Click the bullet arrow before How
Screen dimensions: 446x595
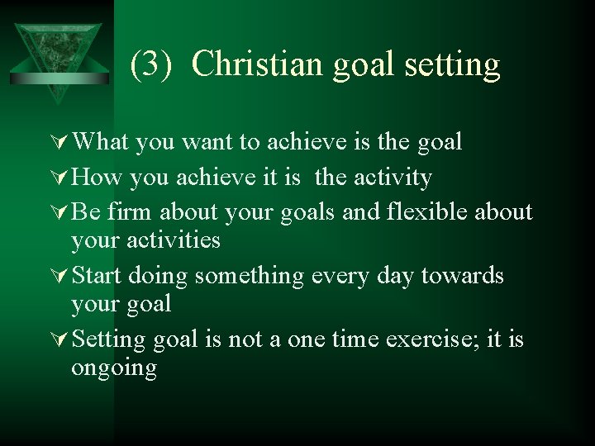pyautogui.click(x=59, y=178)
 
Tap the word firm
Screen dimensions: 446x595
pyautogui.click(x=131, y=213)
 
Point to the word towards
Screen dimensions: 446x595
pyautogui.click(x=462, y=276)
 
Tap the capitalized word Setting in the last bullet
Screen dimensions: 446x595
pyautogui.click(x=108, y=339)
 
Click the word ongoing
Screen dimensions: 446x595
pyautogui.click(x=113, y=368)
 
